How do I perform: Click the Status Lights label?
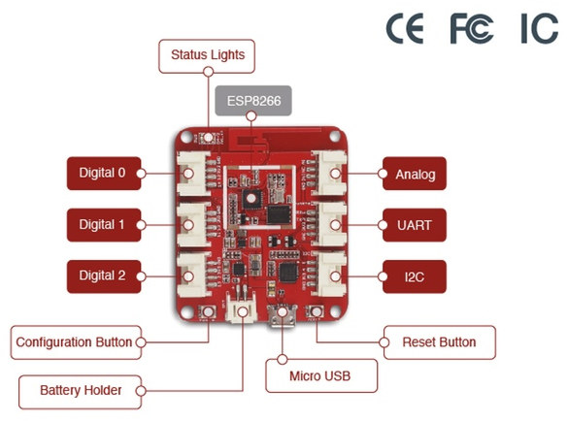point(207,56)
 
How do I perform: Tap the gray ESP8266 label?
point(253,101)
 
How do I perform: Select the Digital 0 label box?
point(104,173)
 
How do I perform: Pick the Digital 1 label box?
point(104,225)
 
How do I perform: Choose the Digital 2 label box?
point(104,276)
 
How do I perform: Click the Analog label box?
point(415,174)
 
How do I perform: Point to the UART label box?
point(415,225)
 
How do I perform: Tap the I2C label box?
point(415,276)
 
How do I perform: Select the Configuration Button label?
point(76,342)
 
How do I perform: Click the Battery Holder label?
point(80,392)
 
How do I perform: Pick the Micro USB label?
point(321,375)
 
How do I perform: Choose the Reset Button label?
point(440,342)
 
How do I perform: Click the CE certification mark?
point(405,28)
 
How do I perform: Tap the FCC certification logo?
point(471,28)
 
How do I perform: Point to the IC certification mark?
point(540,28)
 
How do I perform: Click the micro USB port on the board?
point(282,316)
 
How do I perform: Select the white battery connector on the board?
point(241,308)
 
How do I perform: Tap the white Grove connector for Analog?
point(330,173)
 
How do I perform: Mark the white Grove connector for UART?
point(330,224)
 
